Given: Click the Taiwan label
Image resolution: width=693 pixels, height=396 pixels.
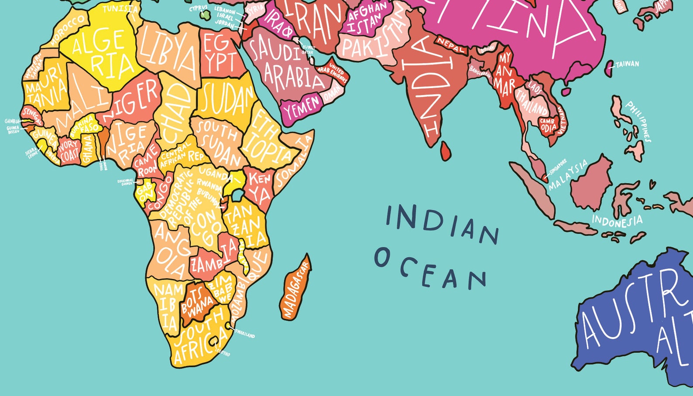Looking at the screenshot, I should (x=627, y=65).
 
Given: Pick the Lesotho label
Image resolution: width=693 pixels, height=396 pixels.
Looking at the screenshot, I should (x=222, y=352).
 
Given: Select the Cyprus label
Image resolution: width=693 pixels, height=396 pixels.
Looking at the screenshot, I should (x=199, y=8).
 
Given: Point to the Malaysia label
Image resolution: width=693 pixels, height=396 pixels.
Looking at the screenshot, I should (x=568, y=175).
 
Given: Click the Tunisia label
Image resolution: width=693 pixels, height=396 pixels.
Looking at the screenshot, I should (x=120, y=8).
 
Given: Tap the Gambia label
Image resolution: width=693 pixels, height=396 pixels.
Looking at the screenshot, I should (x=12, y=121).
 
